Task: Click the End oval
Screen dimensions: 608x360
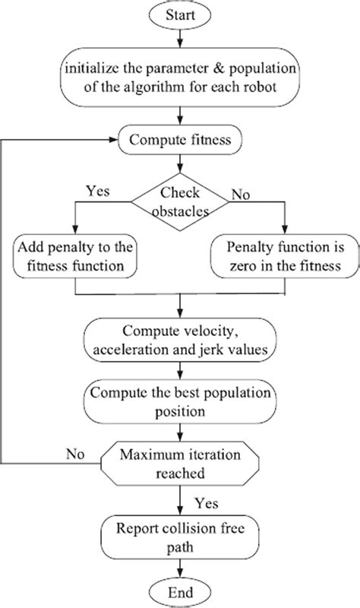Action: click(x=180, y=593)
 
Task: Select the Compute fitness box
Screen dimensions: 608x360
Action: click(x=179, y=139)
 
